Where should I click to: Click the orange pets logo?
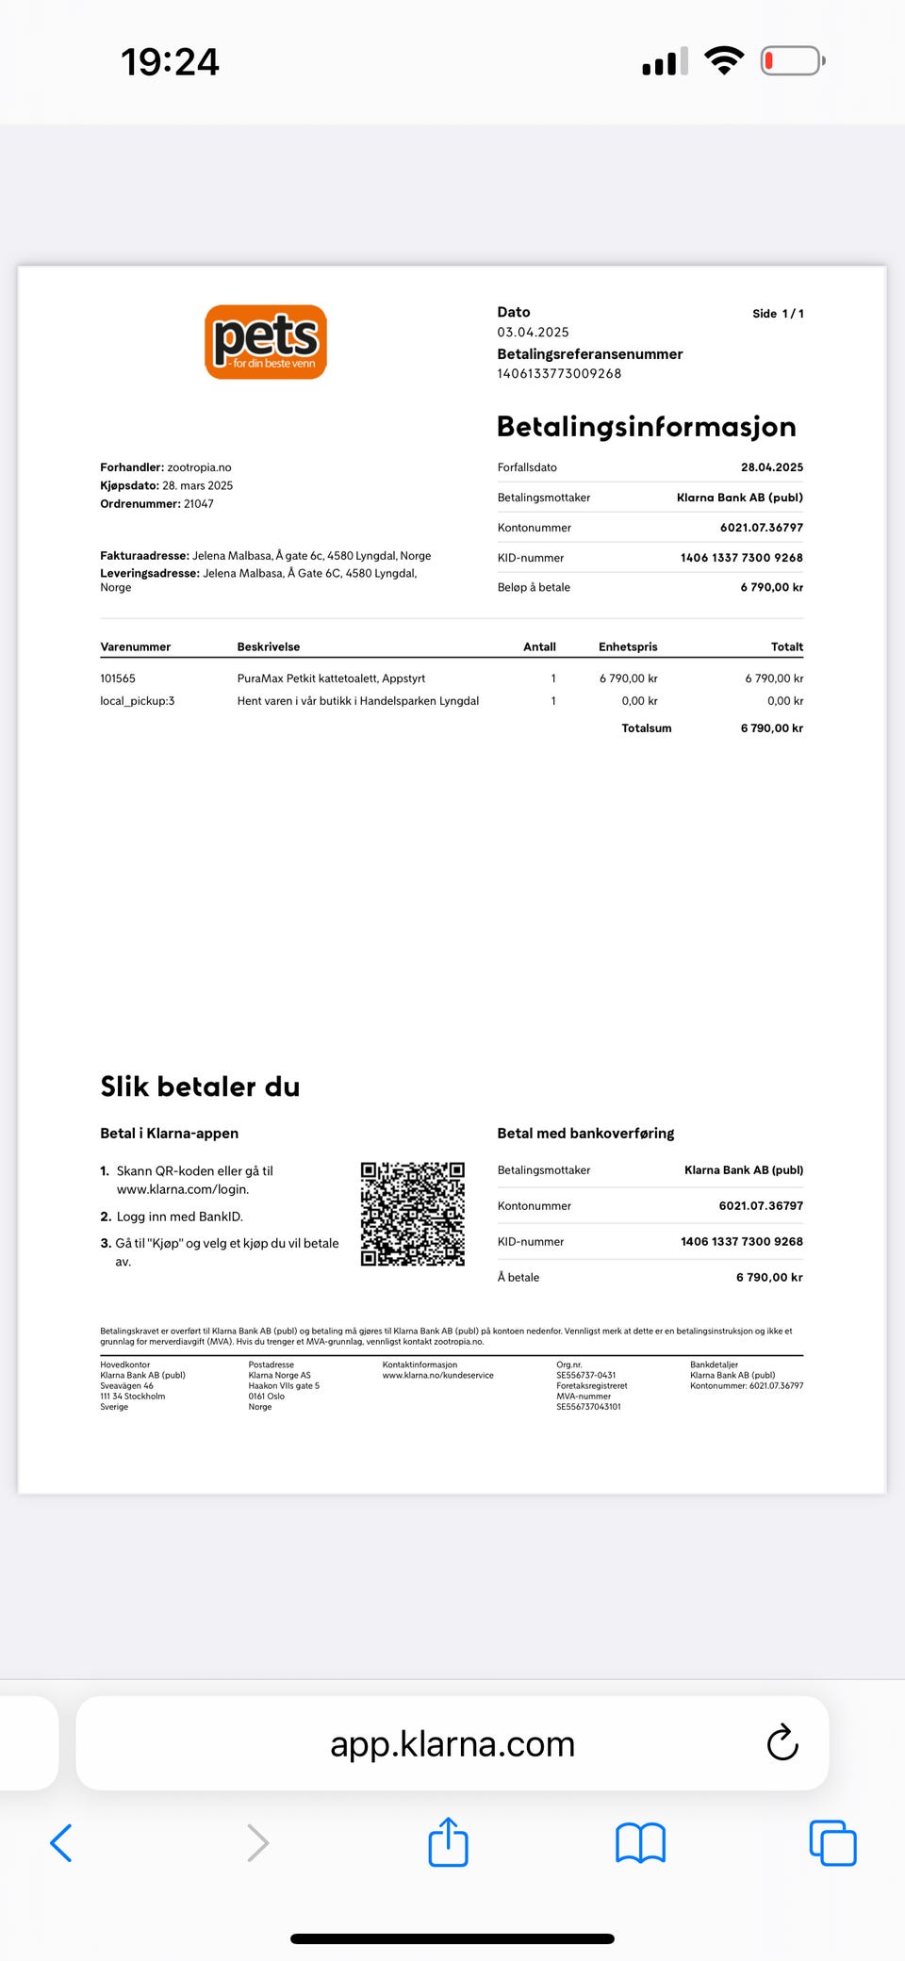click(x=266, y=341)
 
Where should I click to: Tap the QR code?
click(x=413, y=1214)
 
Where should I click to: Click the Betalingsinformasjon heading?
click(x=646, y=427)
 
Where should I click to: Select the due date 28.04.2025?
click(x=771, y=467)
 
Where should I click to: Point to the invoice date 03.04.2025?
click(x=533, y=333)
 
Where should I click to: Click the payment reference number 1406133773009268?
click(x=559, y=374)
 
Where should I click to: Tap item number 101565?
click(x=118, y=678)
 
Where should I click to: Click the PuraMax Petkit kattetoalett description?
click(x=331, y=678)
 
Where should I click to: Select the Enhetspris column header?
click(x=628, y=647)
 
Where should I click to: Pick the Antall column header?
click(x=539, y=647)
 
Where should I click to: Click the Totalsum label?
click(x=646, y=728)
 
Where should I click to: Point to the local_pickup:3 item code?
click(x=137, y=701)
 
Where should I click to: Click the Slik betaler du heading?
click(x=200, y=1087)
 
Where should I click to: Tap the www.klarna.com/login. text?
click(x=183, y=1189)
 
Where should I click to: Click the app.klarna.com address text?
click(x=452, y=1744)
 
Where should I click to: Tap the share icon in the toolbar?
click(x=448, y=1842)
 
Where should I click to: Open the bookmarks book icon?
click(x=640, y=1843)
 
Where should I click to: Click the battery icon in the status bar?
click(x=792, y=61)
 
